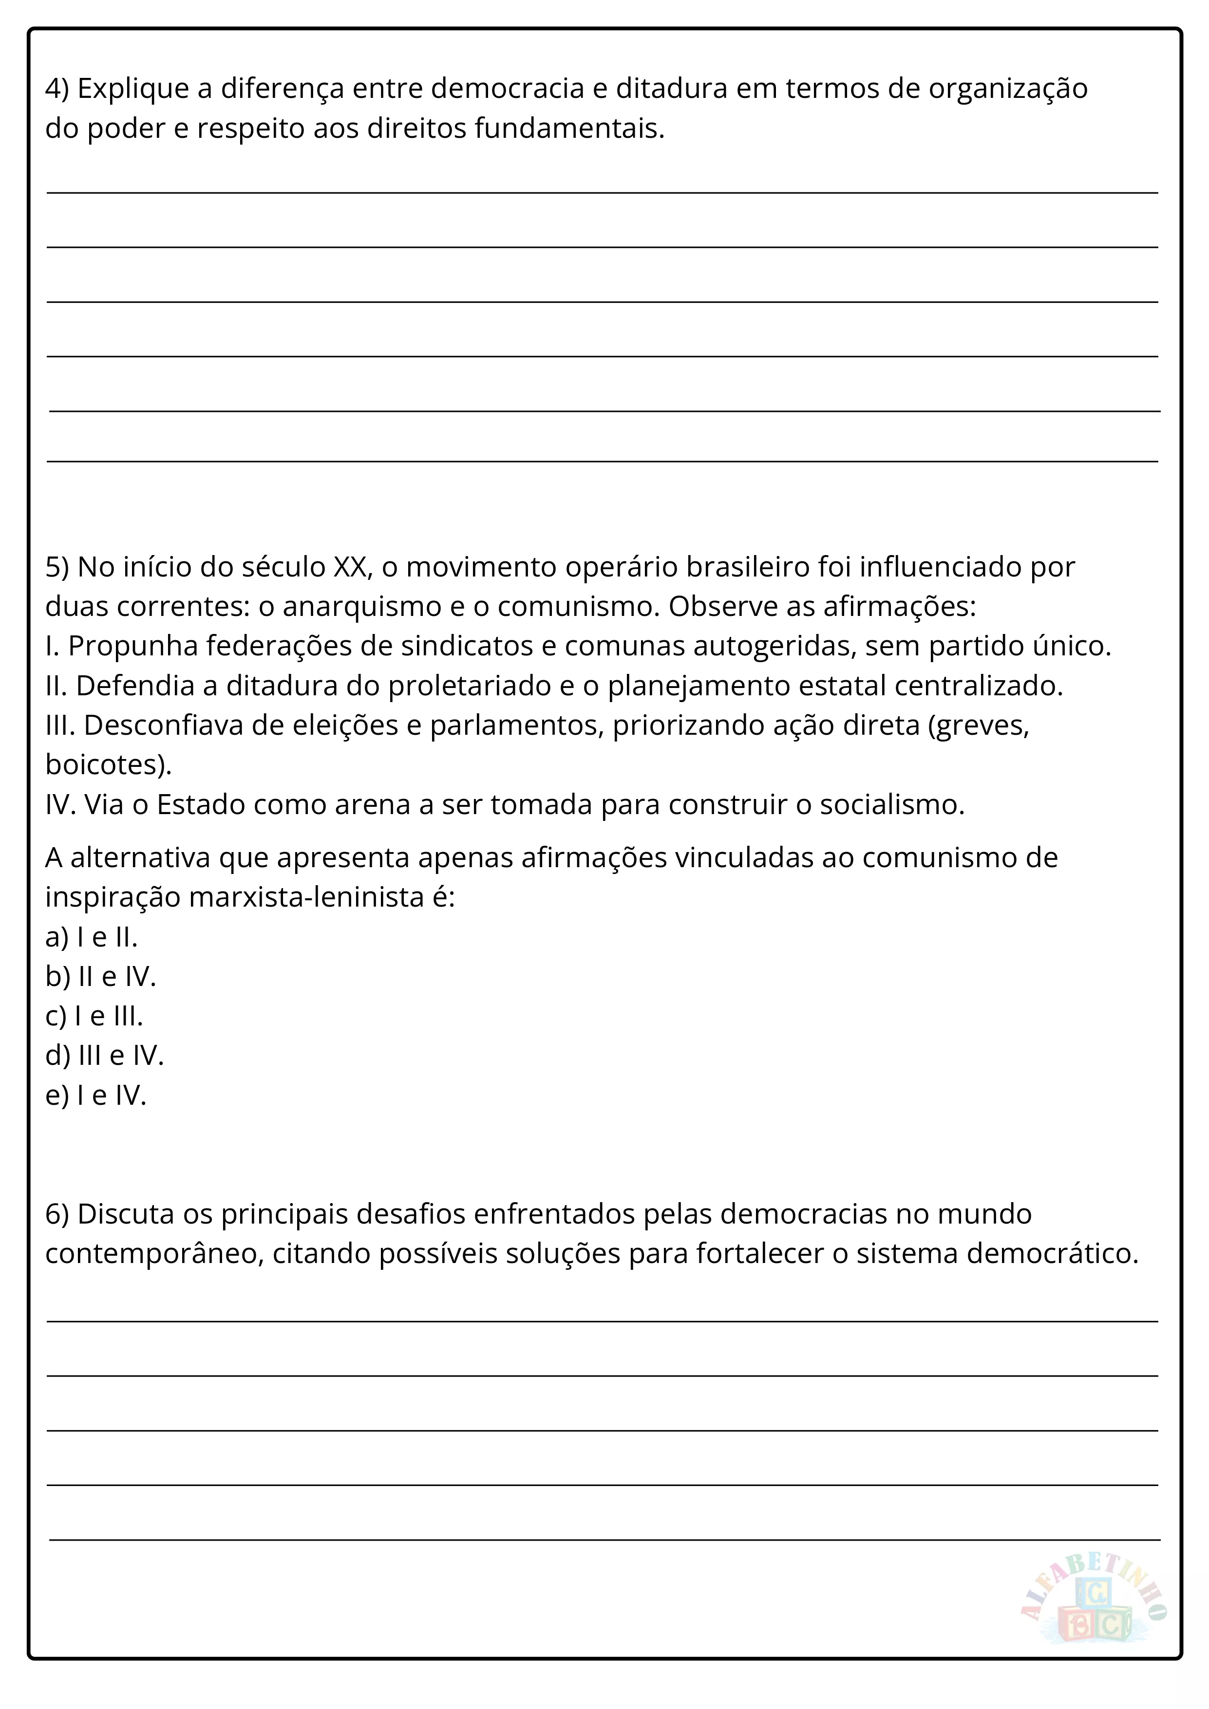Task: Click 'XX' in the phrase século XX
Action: point(350,567)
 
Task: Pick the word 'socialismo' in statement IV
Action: point(891,805)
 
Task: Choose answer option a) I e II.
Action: point(92,937)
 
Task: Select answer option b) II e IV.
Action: point(100,977)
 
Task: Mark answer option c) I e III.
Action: point(94,1016)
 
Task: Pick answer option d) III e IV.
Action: point(104,1056)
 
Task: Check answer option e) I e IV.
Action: point(96,1095)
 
